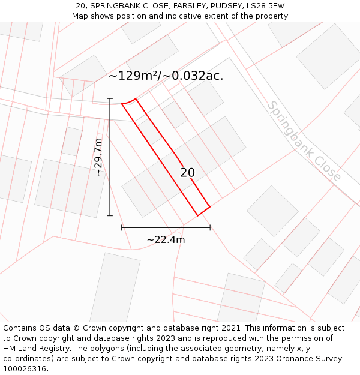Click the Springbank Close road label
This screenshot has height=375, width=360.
tap(304, 141)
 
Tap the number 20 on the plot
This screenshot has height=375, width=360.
tap(188, 173)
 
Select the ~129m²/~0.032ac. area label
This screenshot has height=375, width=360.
tap(166, 76)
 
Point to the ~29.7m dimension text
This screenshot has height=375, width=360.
tap(99, 157)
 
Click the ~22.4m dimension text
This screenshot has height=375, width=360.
tap(166, 240)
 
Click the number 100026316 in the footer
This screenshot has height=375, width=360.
tap(25, 368)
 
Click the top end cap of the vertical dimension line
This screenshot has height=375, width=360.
tap(110, 98)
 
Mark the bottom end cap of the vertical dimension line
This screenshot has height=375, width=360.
tap(110, 215)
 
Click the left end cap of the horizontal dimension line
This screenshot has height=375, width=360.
tap(122, 227)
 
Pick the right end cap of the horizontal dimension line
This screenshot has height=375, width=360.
tap(210, 227)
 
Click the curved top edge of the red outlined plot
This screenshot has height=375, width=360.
tap(129, 101)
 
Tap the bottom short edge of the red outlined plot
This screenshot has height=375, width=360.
tap(204, 211)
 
